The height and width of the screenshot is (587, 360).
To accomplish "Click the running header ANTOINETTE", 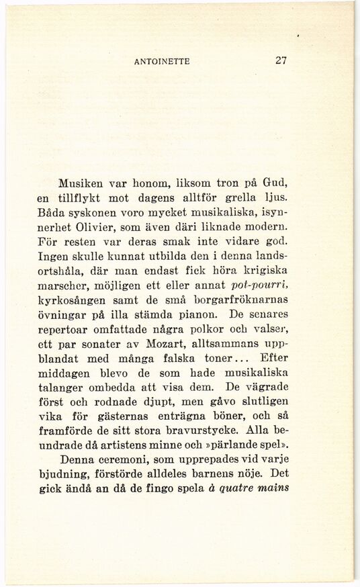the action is coord(163,60).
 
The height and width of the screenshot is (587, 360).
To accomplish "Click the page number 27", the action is coord(281,60).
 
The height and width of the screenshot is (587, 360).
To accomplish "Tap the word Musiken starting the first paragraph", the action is coord(81,183).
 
